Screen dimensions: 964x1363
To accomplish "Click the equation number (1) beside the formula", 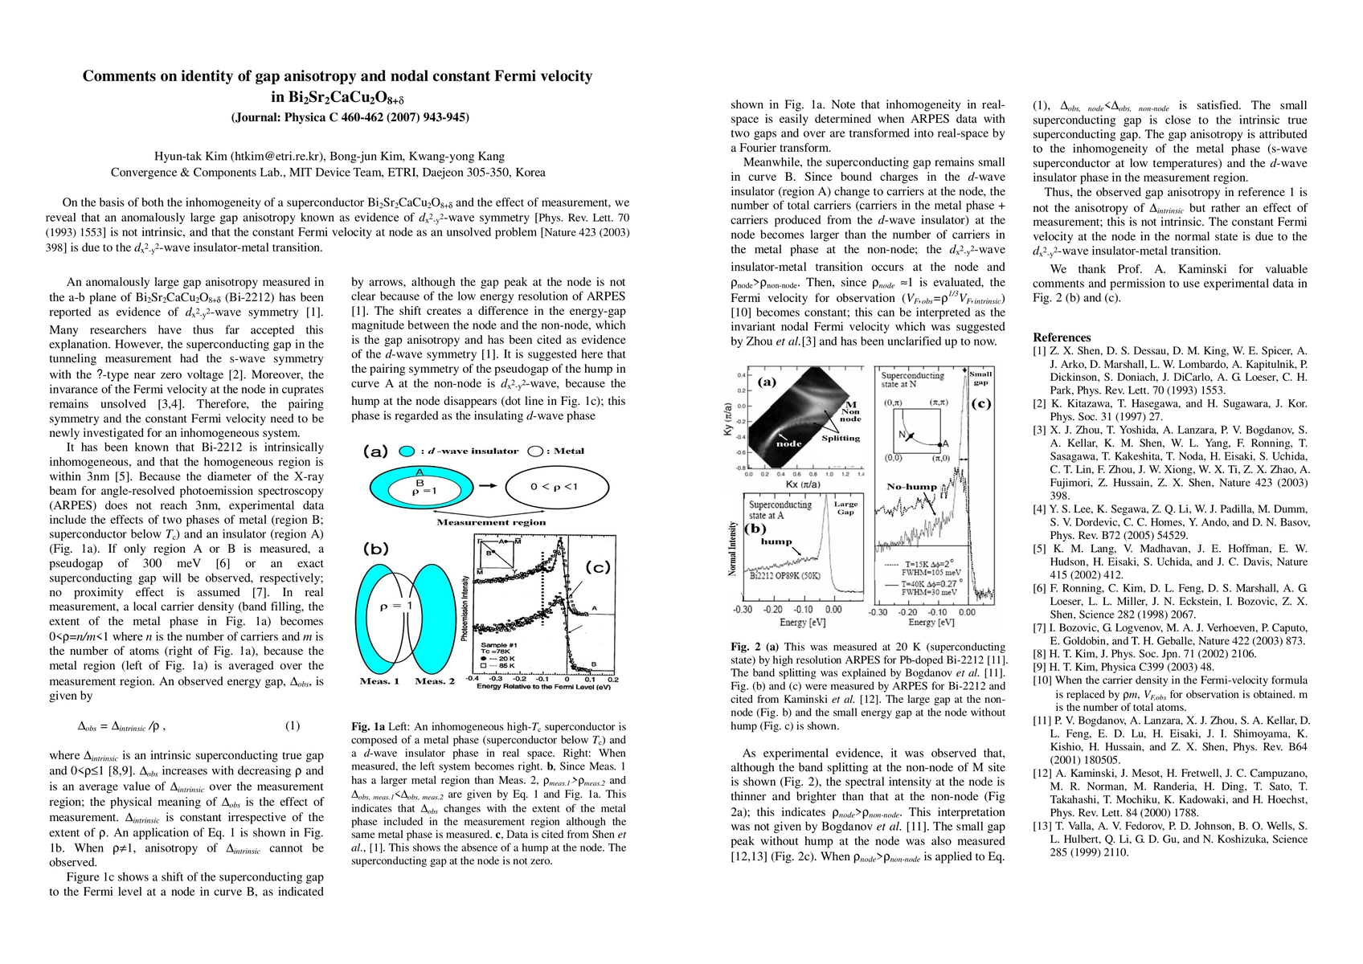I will [293, 725].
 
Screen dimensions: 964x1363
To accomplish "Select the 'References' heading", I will [1062, 337].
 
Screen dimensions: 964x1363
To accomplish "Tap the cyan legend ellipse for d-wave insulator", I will [406, 451].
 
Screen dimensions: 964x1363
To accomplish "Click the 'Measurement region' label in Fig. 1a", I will [491, 522].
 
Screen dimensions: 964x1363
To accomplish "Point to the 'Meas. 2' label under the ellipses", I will [434, 681].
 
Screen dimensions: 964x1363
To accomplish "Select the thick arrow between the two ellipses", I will [491, 487].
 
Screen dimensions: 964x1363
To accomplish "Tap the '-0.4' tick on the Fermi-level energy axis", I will [473, 680].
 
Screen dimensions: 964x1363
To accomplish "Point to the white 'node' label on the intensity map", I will [788, 443].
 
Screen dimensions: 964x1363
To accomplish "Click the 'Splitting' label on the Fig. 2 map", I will [841, 439].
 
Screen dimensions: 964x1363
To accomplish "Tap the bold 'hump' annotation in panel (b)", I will [776, 541].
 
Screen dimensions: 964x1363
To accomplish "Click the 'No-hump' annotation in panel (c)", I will [911, 487].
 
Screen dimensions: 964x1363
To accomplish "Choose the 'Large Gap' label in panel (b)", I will [845, 508].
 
